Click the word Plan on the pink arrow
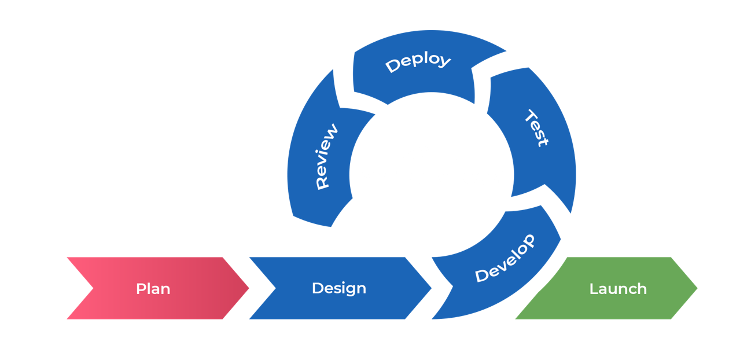tap(153, 288)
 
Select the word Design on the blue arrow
tap(338, 288)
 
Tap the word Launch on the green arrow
tap(618, 288)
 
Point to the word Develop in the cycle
tap(505, 259)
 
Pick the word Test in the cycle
tap(536, 128)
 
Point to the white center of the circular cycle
tap(431, 174)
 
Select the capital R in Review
tap(322, 183)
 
